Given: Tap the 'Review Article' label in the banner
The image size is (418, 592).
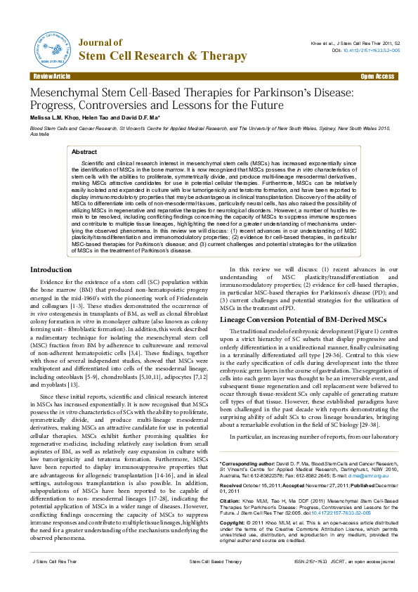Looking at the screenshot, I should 52,76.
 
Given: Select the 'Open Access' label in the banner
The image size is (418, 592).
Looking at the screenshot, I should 377,76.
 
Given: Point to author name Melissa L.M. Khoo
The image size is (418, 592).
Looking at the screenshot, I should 57,117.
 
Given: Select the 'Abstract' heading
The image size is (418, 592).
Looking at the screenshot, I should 85,152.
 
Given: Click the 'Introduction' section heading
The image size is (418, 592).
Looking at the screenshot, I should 51,270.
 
